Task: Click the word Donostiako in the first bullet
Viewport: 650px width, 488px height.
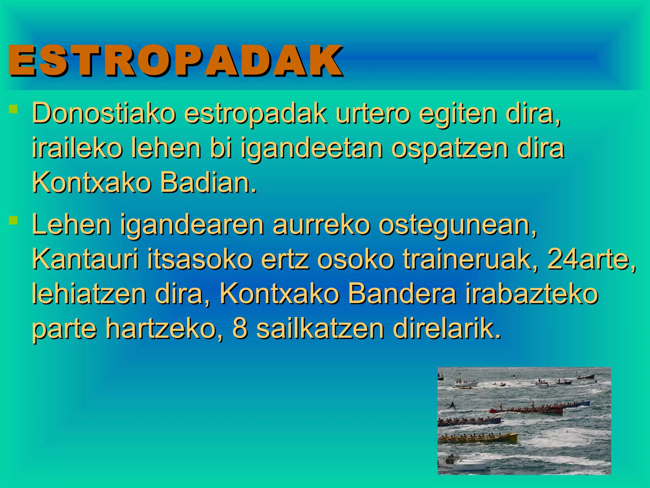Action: coord(103,113)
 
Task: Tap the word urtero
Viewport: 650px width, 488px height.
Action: coord(373,113)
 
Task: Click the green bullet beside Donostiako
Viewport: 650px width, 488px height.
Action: coord(13,110)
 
